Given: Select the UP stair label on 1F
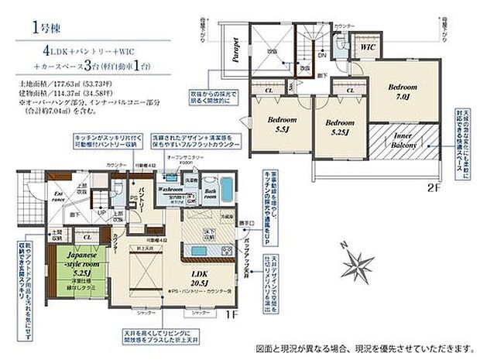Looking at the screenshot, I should (100, 212).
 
